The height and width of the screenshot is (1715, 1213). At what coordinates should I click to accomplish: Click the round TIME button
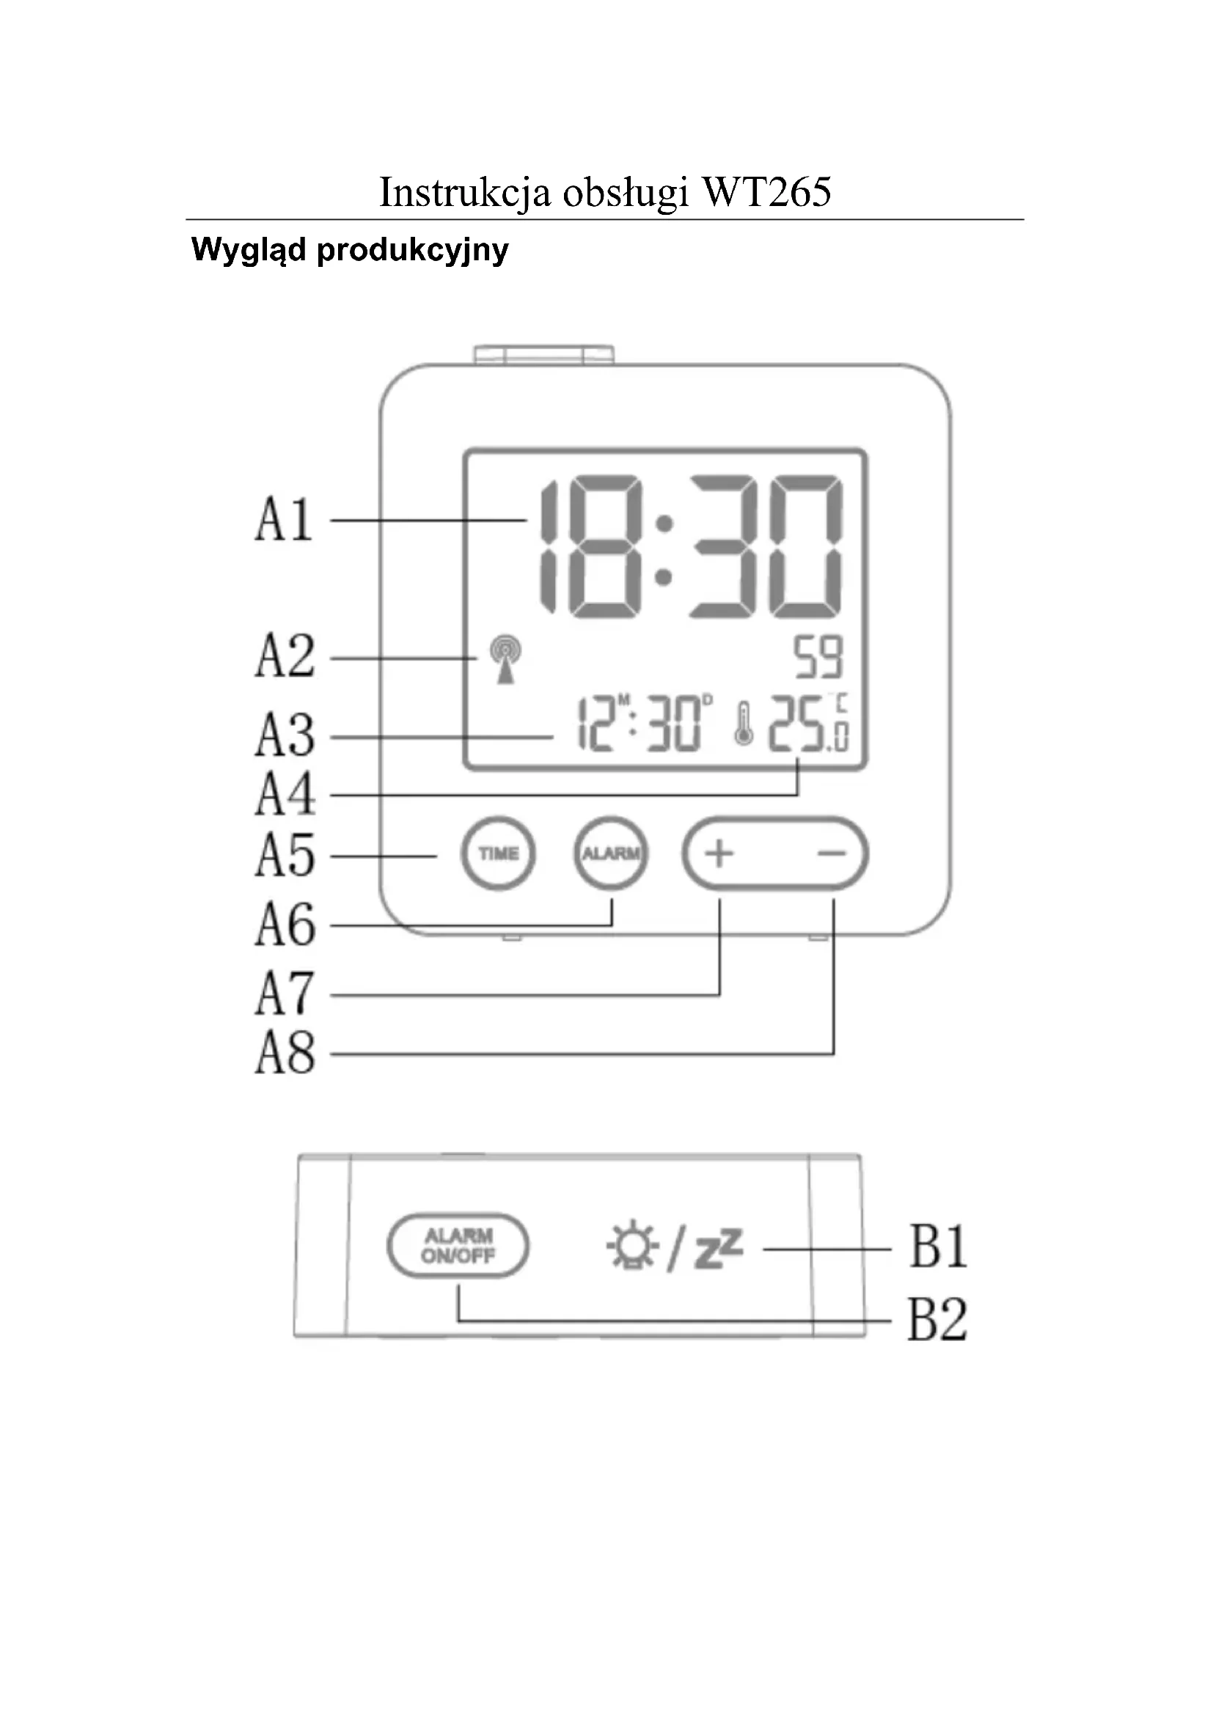point(498,853)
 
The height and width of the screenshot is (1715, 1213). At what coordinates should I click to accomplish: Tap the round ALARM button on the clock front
point(611,853)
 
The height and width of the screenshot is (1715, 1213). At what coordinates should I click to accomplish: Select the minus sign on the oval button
point(832,853)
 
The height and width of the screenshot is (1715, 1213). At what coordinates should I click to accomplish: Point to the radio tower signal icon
point(506,659)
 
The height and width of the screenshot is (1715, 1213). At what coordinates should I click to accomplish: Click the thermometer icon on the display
point(742,722)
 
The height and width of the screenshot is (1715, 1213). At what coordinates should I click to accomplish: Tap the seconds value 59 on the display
point(818,657)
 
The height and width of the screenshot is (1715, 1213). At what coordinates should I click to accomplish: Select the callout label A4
point(285,794)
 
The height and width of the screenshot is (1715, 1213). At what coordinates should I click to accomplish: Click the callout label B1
point(938,1246)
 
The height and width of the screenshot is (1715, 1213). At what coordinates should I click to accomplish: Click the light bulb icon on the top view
point(632,1246)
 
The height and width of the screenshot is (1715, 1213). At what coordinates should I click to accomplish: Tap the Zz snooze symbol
point(719,1249)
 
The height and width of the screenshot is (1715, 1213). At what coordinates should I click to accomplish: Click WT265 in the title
point(766,192)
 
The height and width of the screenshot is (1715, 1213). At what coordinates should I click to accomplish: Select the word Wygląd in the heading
point(249,250)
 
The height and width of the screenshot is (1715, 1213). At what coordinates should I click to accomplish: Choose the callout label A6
point(285,924)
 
